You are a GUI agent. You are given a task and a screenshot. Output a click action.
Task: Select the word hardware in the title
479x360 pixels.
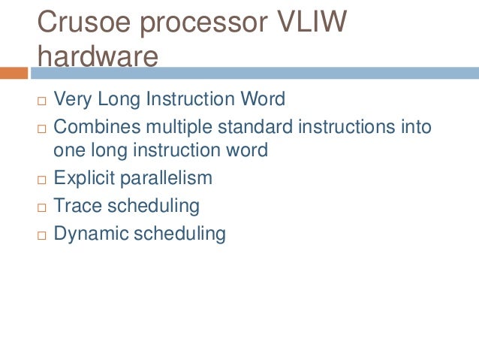coord(98,56)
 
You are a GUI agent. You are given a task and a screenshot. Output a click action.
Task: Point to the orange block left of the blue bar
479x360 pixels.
coord(14,74)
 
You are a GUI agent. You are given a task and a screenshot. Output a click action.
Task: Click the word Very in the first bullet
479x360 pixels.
coord(73,98)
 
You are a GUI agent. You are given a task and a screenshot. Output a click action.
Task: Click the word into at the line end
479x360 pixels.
coord(417,126)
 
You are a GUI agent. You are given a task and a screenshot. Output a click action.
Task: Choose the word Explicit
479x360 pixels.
coord(84,179)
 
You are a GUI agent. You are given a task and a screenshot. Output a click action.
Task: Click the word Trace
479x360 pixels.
coord(77,206)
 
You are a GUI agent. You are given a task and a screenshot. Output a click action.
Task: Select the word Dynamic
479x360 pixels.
coord(91,234)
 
